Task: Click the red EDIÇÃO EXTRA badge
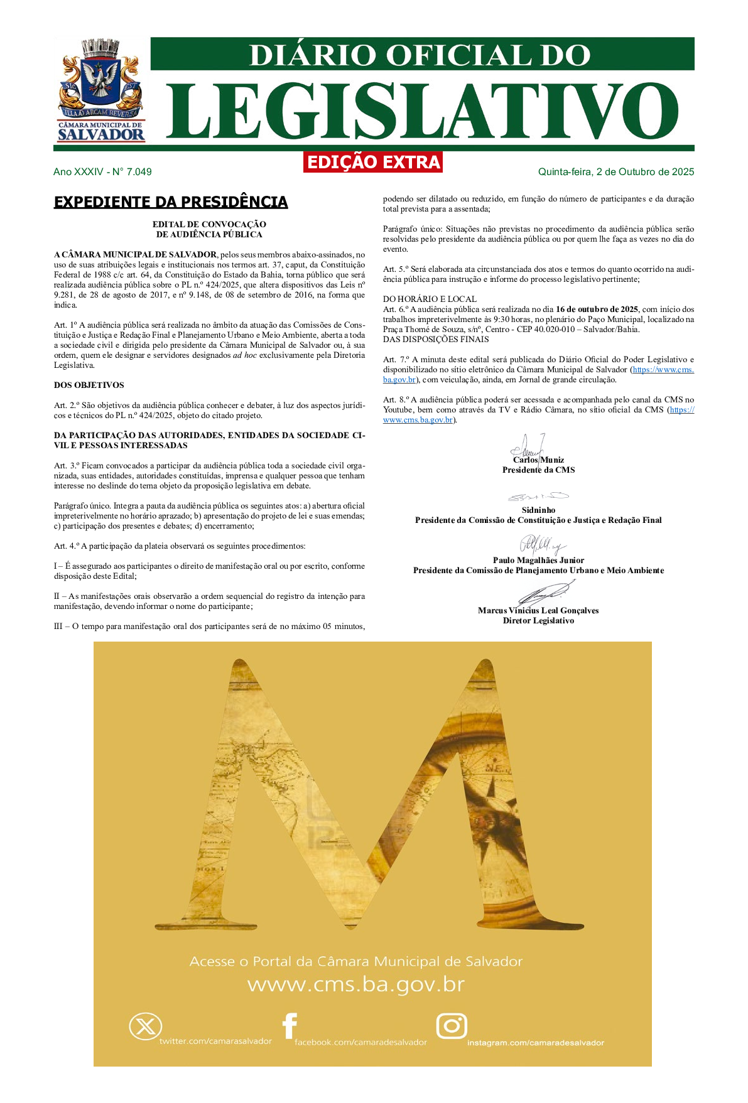pos(373,162)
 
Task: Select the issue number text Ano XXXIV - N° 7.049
pos(102,172)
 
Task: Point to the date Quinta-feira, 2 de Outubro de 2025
pos(615,172)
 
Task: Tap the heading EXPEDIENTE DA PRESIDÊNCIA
pos(171,202)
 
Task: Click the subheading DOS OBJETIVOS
pos(89,385)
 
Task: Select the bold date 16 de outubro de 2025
pos(597,309)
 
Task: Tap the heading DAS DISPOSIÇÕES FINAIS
pos(436,340)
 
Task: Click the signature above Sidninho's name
pos(538,497)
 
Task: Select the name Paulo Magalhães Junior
pos(538,561)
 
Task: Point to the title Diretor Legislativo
pos(538,621)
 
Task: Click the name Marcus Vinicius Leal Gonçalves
pos(538,611)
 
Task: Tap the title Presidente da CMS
pos(538,470)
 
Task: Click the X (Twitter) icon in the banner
pos(145,1027)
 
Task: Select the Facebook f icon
pos(290,1026)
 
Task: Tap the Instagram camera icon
pos(452,1026)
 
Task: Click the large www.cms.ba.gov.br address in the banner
pos(356,984)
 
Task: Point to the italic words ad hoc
pos(245,355)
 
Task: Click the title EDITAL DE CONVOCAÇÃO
pos(209,224)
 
